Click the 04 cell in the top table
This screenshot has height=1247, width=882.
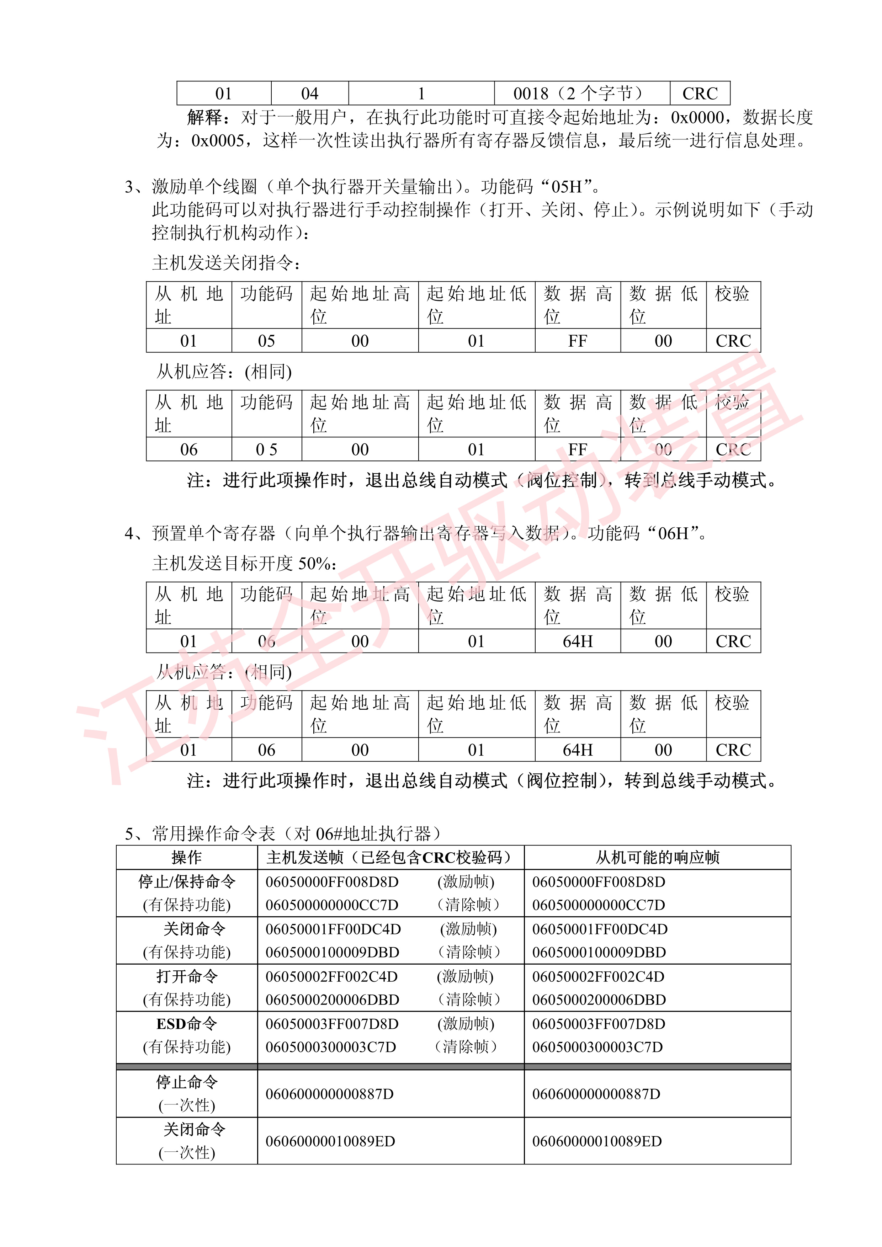tap(309, 94)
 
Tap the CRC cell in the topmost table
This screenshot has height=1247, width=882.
tap(700, 94)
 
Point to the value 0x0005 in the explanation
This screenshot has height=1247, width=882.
tap(217, 141)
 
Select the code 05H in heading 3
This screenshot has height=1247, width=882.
tap(567, 187)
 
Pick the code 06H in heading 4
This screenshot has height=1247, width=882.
tap(674, 533)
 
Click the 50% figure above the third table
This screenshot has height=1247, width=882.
tap(314, 563)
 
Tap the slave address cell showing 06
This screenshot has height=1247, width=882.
tap(188, 449)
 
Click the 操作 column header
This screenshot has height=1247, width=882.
tap(186, 857)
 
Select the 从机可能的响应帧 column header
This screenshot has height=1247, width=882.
tap(657, 857)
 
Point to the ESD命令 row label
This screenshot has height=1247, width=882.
tap(186, 1024)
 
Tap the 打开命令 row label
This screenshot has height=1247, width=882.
tap(186, 976)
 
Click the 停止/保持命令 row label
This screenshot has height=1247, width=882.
tap(186, 881)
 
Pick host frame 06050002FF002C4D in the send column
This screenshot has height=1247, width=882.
tap(331, 976)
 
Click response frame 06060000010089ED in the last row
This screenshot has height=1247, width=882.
tap(597, 1141)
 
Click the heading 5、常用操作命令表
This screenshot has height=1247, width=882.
tap(282, 833)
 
